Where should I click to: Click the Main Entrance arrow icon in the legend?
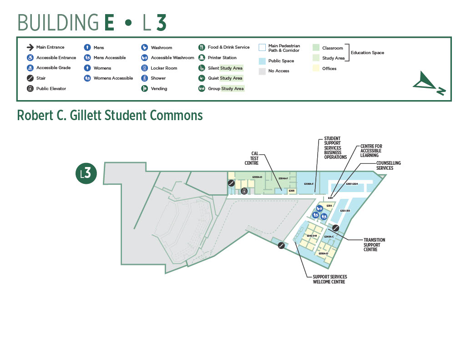click(30, 47)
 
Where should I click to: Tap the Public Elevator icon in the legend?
click(30, 88)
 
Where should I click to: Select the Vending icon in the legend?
click(144, 88)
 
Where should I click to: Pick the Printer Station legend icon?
click(202, 58)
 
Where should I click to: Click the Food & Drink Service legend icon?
click(202, 47)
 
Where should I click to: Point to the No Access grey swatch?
click(262, 71)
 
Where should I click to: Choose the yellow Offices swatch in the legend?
click(316, 68)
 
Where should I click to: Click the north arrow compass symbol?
click(429, 84)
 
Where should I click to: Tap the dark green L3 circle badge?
click(86, 173)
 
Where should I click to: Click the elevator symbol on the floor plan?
click(244, 191)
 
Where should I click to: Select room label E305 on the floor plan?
click(292, 191)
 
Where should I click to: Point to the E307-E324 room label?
click(352, 184)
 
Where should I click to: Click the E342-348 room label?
click(312, 236)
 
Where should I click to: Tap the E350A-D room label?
click(323, 254)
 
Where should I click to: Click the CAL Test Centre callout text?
click(252, 158)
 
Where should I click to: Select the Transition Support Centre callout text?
click(374, 245)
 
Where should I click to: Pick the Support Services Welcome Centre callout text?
click(330, 279)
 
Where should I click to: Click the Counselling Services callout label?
click(388, 166)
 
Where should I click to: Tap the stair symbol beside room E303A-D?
click(232, 183)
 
